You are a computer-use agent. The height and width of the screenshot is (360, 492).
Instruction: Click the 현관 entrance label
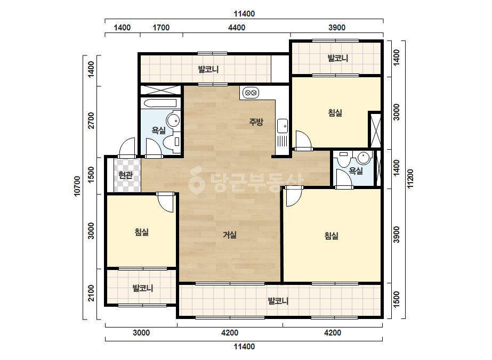click(x=125, y=175)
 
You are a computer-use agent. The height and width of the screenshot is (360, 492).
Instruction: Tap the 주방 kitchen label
click(x=256, y=121)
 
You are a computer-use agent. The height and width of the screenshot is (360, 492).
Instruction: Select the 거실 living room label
click(x=230, y=234)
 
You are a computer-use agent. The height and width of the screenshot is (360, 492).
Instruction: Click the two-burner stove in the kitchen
click(x=251, y=93)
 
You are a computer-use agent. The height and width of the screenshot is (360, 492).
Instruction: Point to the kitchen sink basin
click(x=283, y=126)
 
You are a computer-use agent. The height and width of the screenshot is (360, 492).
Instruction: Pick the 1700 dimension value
click(x=161, y=28)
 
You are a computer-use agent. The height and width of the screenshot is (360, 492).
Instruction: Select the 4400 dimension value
click(x=237, y=28)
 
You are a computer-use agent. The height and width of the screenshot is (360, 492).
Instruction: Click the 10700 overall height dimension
click(x=77, y=186)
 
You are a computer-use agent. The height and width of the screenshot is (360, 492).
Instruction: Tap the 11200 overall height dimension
click(x=410, y=179)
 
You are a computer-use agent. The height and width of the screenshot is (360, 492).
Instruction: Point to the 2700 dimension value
click(x=91, y=120)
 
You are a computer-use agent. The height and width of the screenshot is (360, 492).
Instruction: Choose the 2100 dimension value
click(x=91, y=293)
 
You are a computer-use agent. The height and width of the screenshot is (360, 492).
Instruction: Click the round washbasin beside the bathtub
click(x=173, y=120)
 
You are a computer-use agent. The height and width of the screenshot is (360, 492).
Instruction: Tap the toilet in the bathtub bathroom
click(x=172, y=142)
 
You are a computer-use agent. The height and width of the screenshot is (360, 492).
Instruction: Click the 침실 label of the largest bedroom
click(x=332, y=235)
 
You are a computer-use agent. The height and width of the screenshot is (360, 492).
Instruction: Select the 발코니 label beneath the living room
click(x=278, y=301)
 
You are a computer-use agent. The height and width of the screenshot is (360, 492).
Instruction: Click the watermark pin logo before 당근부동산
click(x=196, y=179)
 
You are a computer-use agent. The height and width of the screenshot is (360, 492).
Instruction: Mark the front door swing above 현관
click(x=127, y=148)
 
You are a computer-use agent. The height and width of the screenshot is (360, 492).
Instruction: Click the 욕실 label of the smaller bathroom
click(x=356, y=170)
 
